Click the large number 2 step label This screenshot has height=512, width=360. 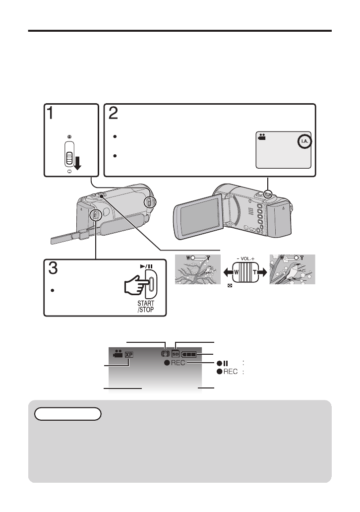click(x=114, y=114)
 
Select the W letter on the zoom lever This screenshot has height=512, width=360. click(x=238, y=272)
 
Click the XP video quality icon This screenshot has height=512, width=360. click(x=129, y=355)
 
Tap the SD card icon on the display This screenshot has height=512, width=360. click(x=176, y=354)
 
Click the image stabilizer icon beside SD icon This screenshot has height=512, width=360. click(x=165, y=354)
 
